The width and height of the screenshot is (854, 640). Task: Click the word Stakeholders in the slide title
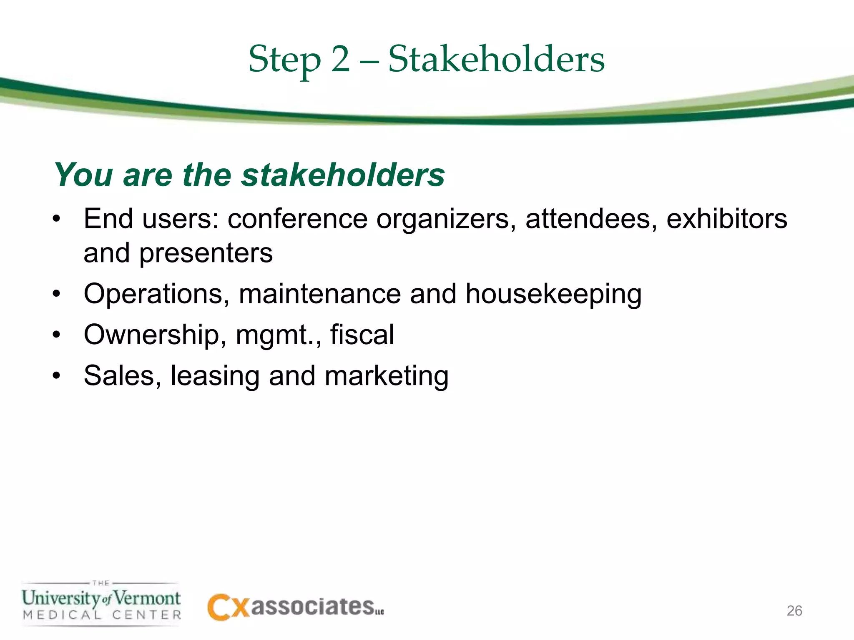pos(496,60)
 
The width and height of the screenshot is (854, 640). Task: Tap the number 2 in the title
pos(340,60)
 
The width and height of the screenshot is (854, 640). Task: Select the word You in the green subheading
pos(83,175)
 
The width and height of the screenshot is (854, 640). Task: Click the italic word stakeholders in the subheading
pos(343,175)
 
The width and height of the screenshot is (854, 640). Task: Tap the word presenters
pos(206,254)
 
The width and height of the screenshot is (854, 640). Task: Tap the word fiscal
pos(362,335)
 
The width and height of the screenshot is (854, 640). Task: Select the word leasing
pos(215,376)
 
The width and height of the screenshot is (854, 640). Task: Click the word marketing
pos(386,376)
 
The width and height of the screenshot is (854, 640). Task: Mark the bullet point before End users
pos(57,220)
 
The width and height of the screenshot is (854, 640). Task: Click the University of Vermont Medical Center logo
pos(101,603)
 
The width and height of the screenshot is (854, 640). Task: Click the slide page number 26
pos(794,610)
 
